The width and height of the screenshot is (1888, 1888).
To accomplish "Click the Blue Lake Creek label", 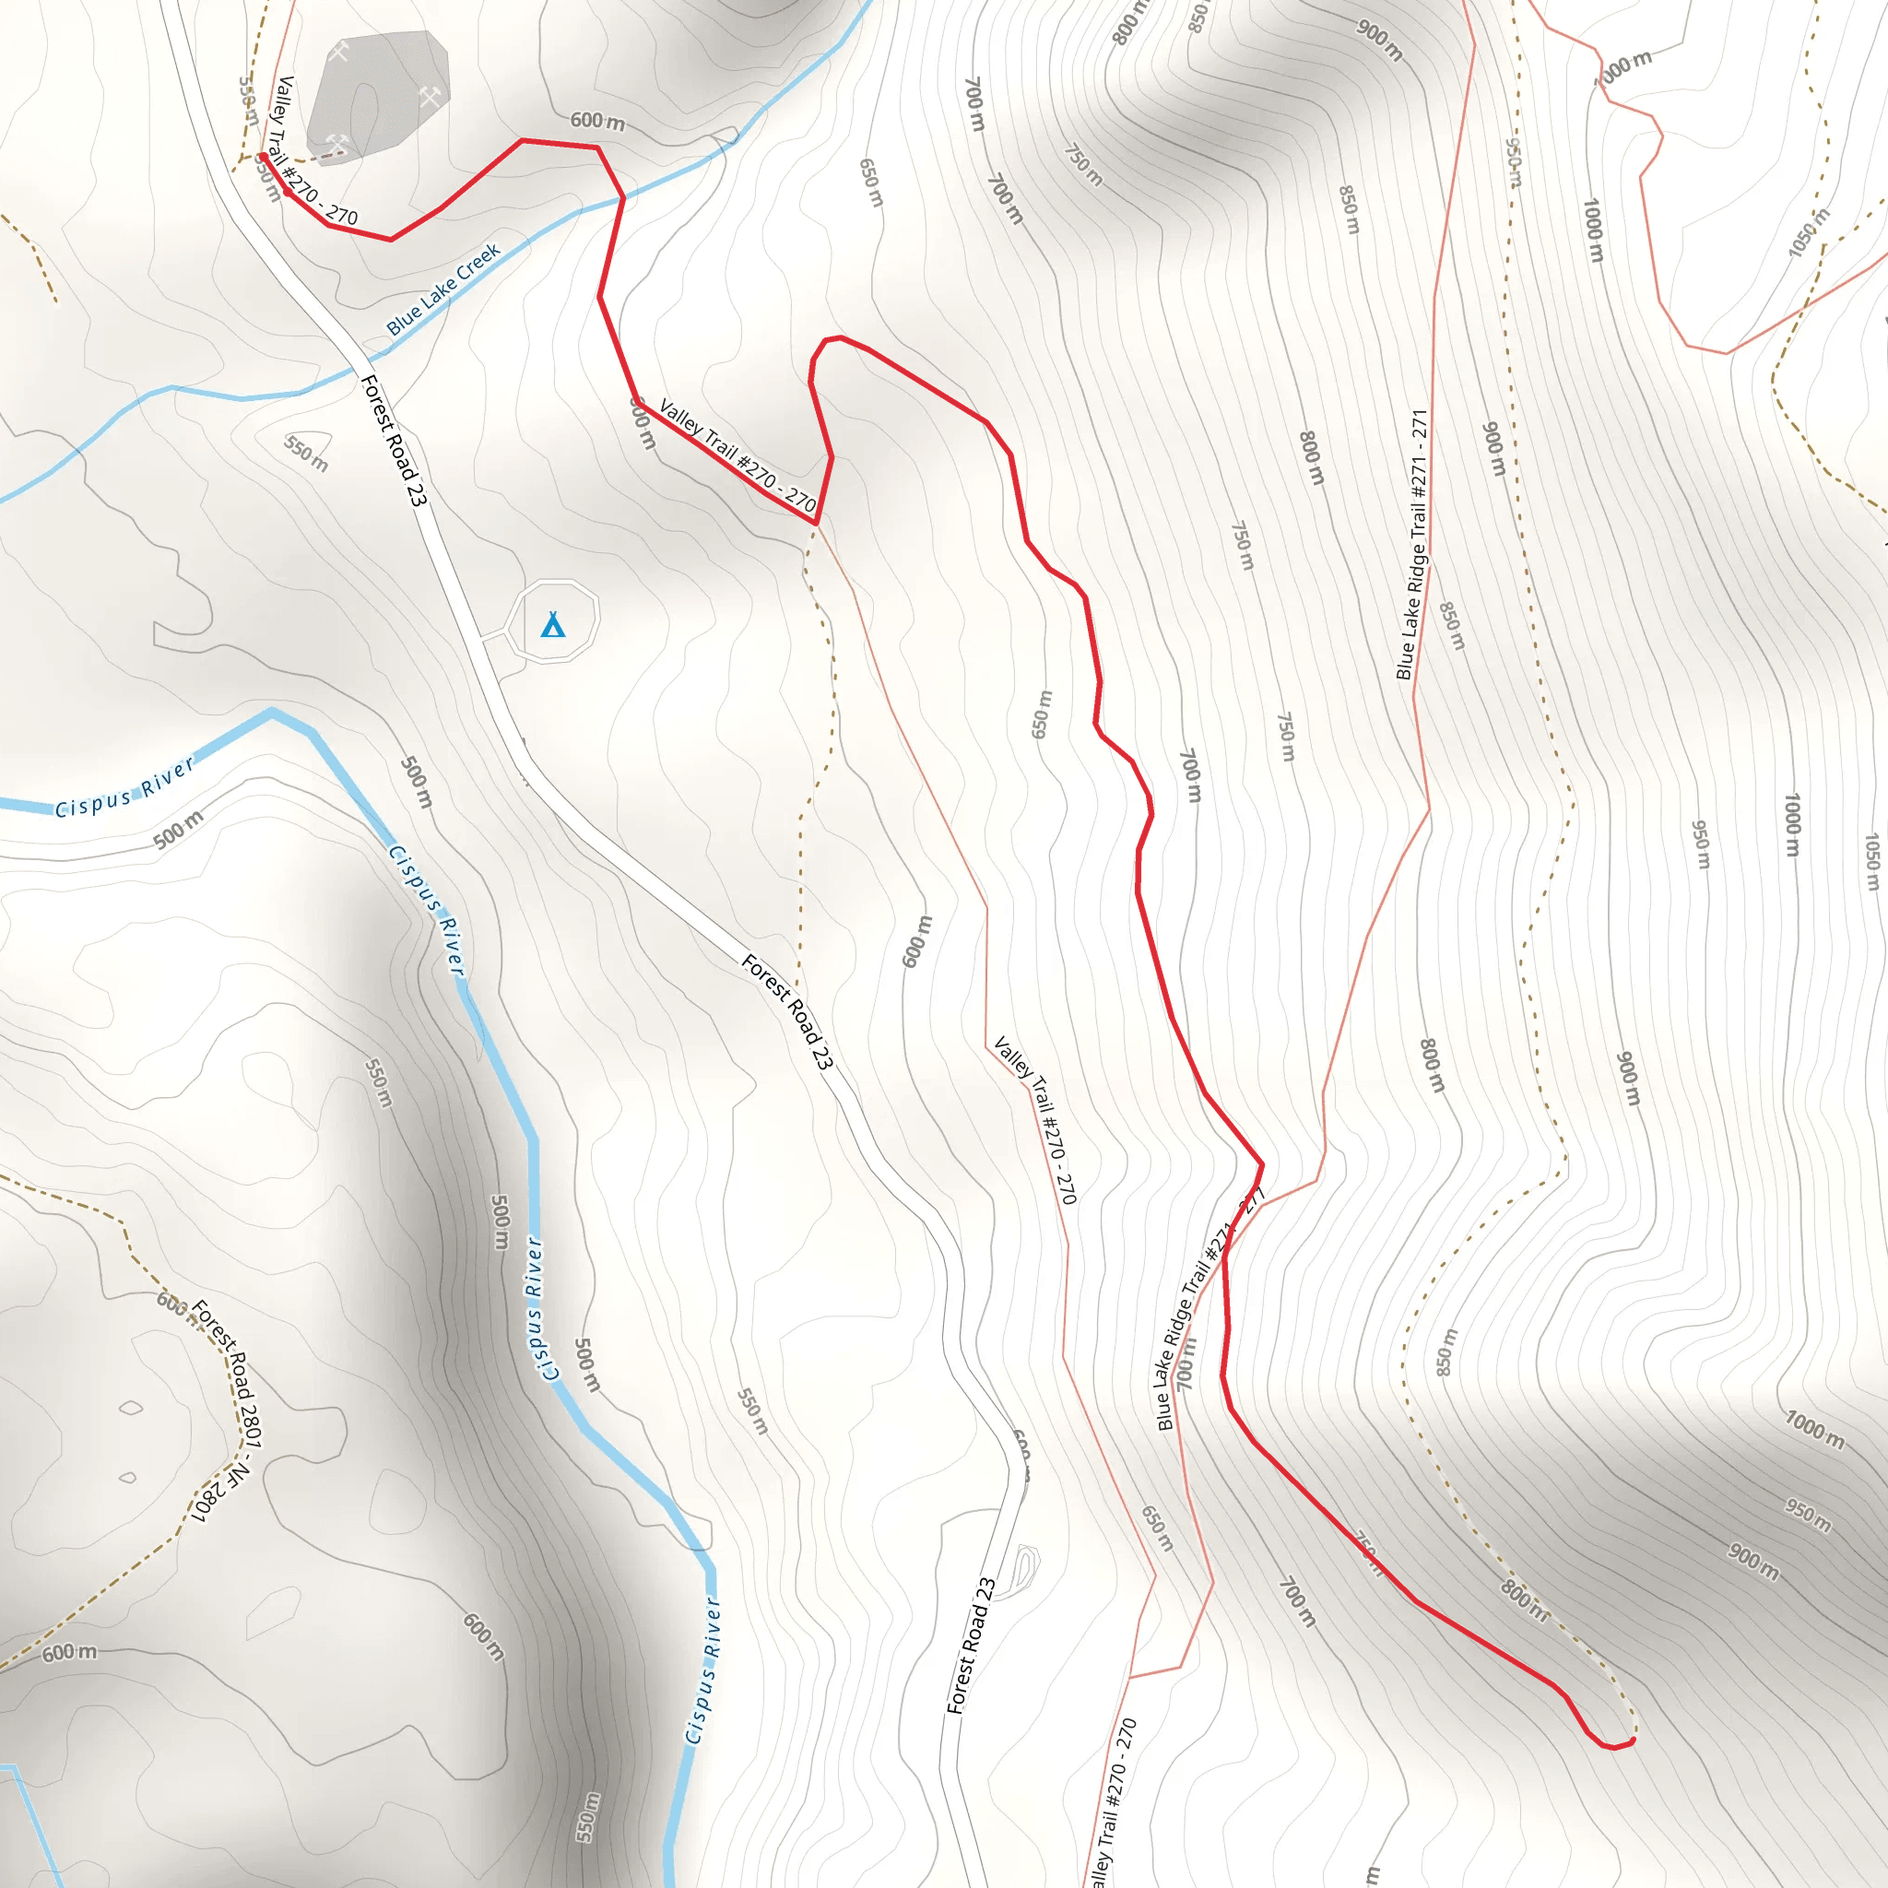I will pyautogui.click(x=443, y=289).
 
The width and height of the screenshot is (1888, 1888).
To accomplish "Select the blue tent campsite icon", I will pyautogui.click(x=553, y=624).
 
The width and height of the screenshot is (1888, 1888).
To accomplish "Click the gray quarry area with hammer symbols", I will pyautogui.click(x=377, y=93).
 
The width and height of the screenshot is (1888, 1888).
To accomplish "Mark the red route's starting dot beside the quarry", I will pyautogui.click(x=263, y=157).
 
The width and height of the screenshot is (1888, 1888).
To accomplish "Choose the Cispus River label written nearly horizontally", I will pyautogui.click(x=124, y=788).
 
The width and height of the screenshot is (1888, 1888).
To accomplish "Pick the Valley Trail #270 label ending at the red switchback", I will pyautogui.click(x=737, y=455).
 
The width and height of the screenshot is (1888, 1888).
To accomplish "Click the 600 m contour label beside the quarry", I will pyautogui.click(x=597, y=121).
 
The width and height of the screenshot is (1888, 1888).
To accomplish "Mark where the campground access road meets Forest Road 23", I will pyautogui.click(x=482, y=640).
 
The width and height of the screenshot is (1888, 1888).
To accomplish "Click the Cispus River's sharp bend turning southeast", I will pyautogui.click(x=273, y=713).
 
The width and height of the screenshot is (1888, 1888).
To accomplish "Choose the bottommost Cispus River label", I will pyautogui.click(x=702, y=1670).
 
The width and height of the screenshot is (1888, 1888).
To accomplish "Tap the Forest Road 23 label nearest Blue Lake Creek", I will pyautogui.click(x=394, y=440).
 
